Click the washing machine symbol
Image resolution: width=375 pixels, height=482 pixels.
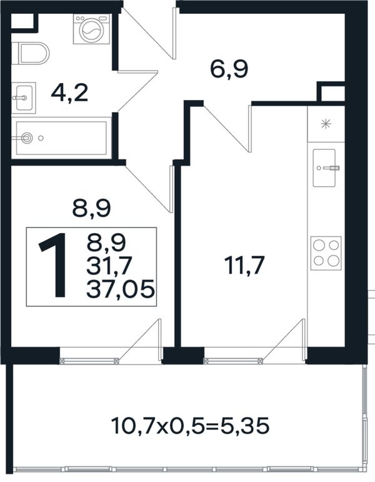coord(92,29)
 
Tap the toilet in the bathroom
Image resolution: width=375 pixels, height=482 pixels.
coord(31,53)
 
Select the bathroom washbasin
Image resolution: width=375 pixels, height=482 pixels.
coord(24,98)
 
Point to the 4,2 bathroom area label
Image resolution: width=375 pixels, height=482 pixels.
coord(70,93)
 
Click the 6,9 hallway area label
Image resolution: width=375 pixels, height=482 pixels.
coord(229,69)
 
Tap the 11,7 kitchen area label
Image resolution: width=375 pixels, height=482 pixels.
coord(244,265)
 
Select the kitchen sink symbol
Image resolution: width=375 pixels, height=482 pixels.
coord(324,168)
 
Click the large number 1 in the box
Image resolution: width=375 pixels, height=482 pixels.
coord(53,265)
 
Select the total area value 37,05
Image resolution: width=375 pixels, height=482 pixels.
coord(120,289)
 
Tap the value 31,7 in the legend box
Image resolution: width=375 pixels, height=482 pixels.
coord(109,266)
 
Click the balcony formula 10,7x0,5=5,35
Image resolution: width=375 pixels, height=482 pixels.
coord(190,426)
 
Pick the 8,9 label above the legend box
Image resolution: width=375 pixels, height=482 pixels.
coord(91,208)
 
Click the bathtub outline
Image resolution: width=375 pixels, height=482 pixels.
coord(61,138)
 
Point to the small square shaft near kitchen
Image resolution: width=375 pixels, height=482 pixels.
coord(331,91)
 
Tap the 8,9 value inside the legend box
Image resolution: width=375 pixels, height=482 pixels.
coord(106,243)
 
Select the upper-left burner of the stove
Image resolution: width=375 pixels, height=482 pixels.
coord(319,245)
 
